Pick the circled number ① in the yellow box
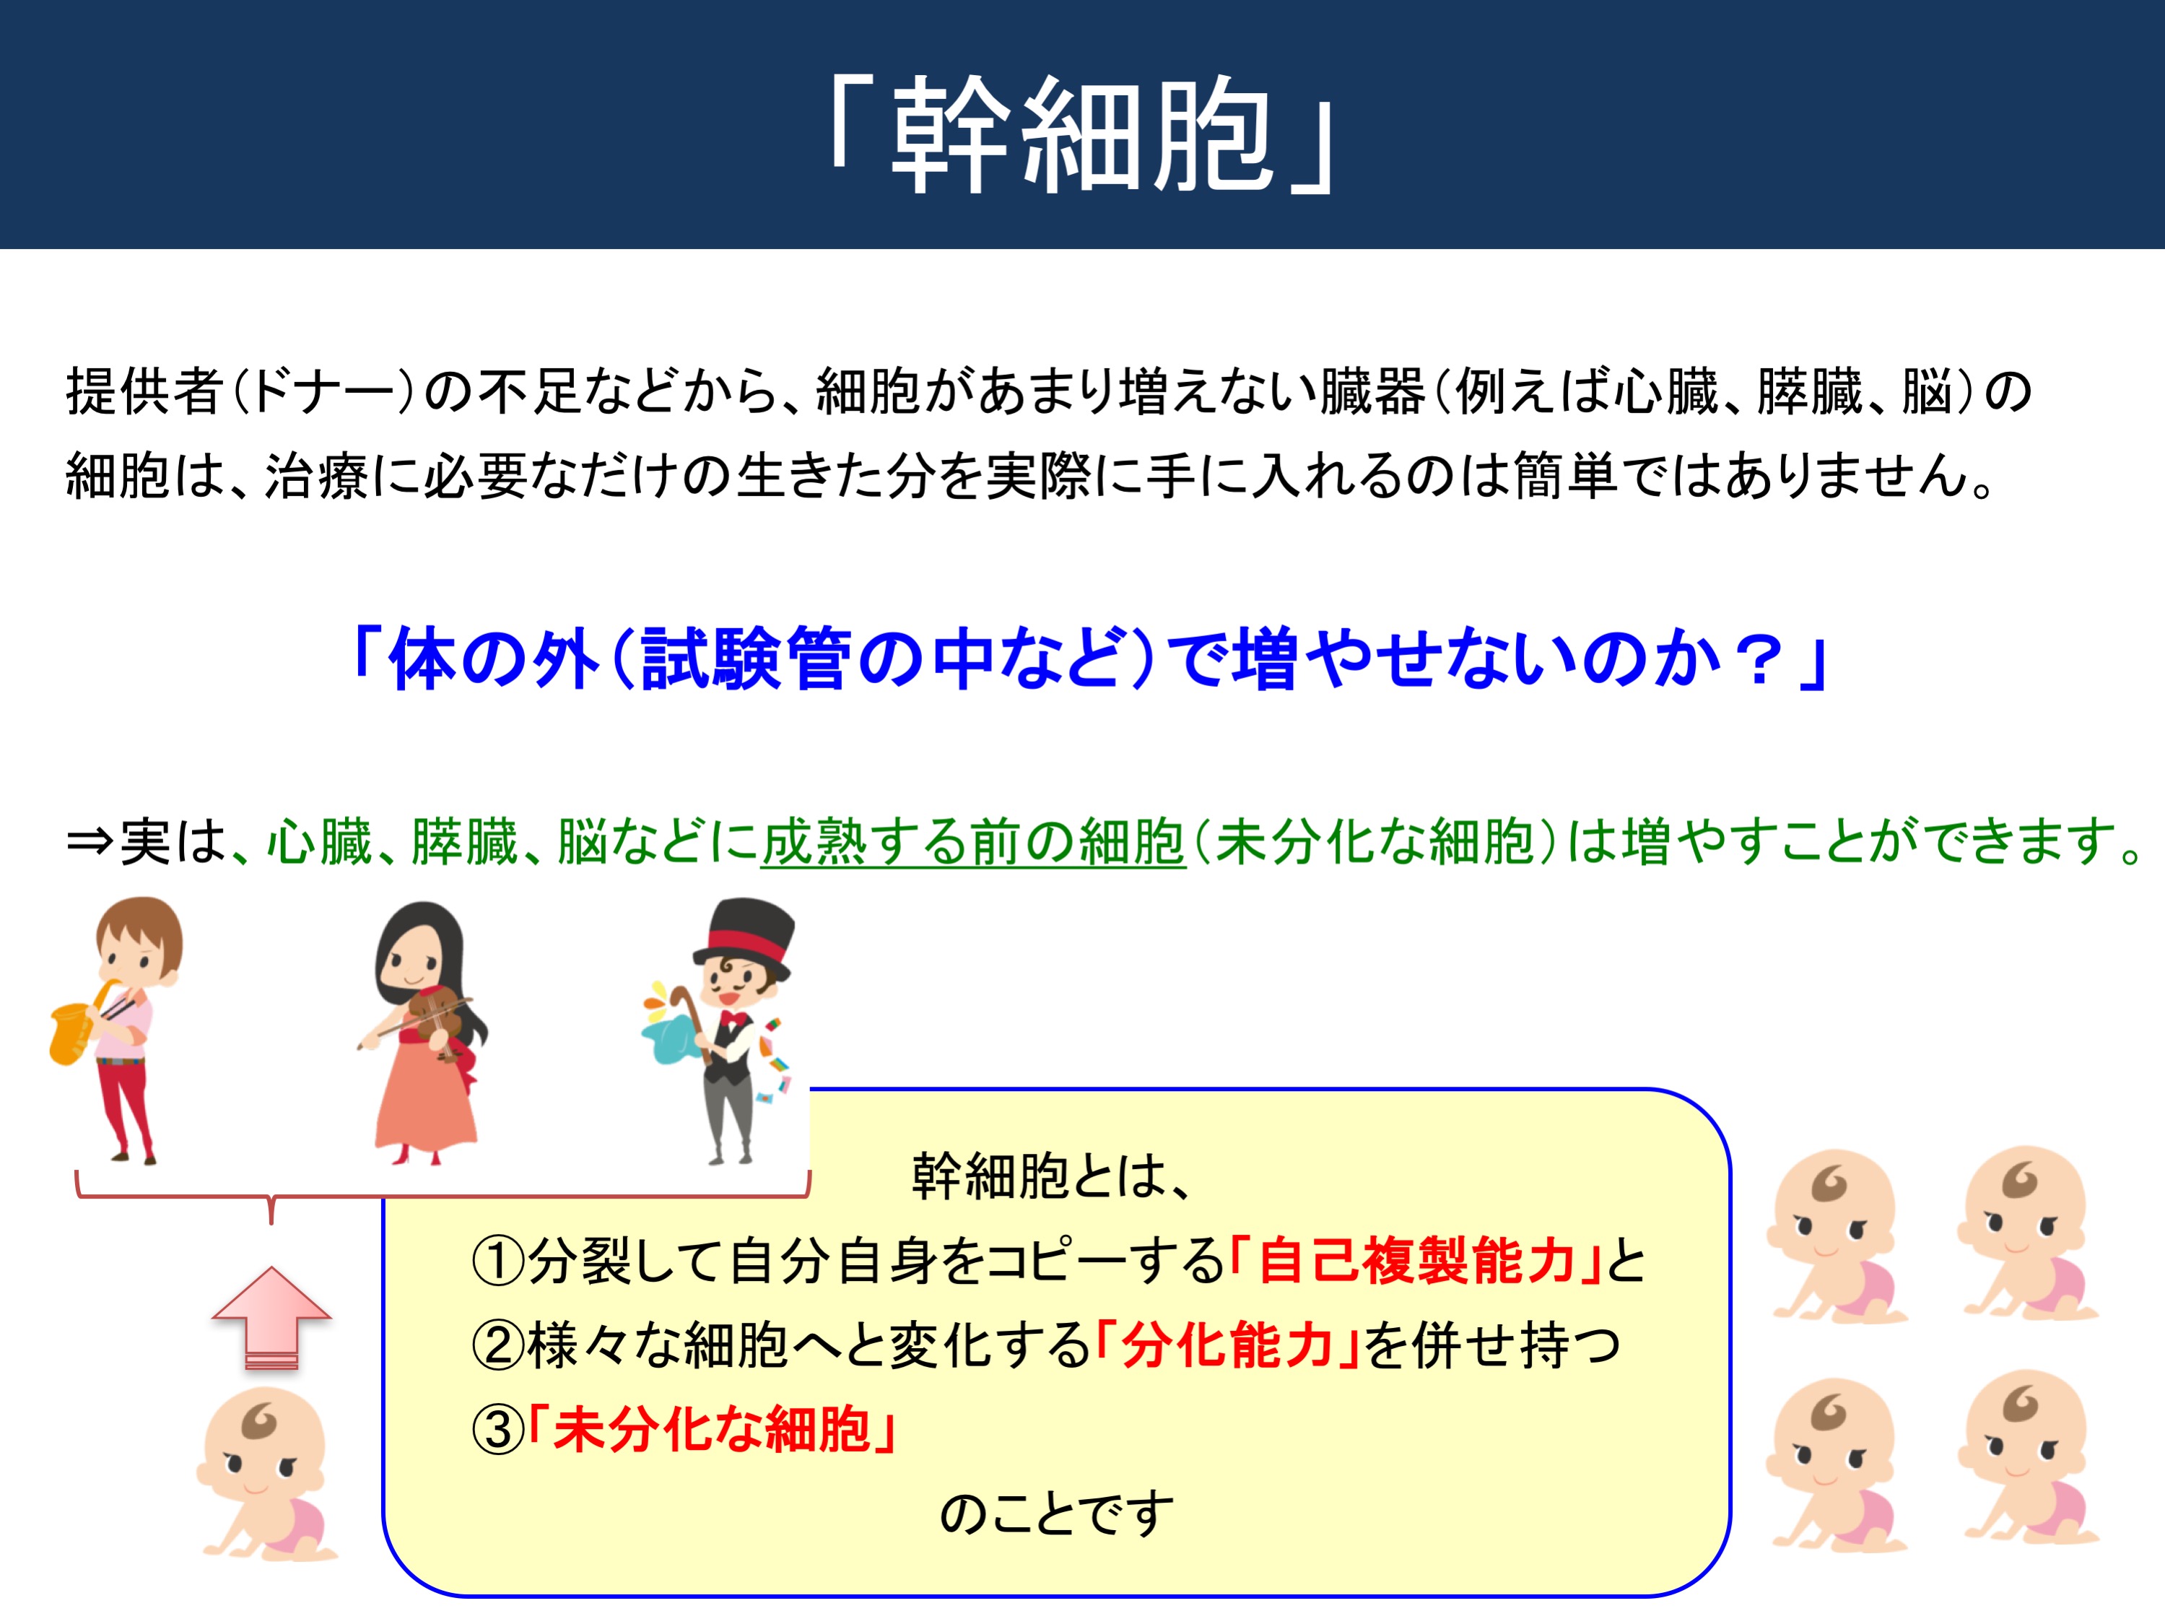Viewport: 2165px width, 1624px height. click(x=498, y=1262)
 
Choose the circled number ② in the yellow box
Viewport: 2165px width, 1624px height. click(x=498, y=1346)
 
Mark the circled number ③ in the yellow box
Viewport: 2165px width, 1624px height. click(x=498, y=1430)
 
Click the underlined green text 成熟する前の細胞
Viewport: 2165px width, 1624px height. click(x=973, y=842)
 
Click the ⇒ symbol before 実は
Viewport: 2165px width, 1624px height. click(x=90, y=843)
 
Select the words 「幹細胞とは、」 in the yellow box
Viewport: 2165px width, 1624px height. click(x=1051, y=1176)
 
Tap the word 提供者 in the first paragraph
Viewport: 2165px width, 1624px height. click(x=145, y=391)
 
